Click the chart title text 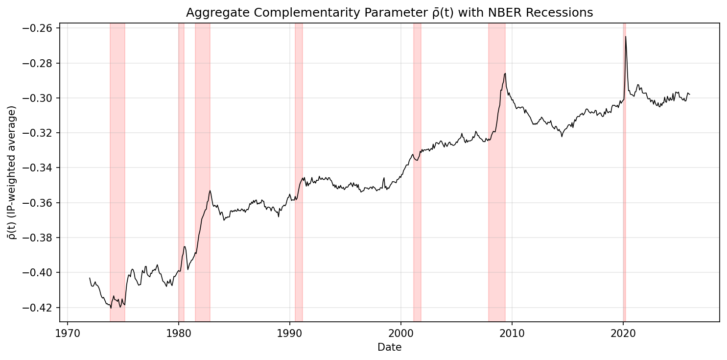[389, 13]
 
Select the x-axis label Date [389, 348]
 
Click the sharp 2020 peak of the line [625, 37]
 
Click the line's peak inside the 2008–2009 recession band [505, 73]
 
